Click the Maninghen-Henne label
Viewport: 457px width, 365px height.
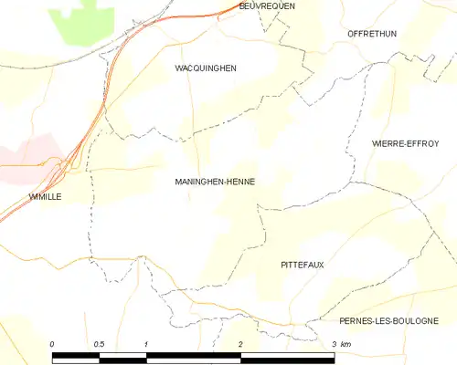coord(215,182)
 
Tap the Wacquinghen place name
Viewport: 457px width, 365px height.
coord(206,68)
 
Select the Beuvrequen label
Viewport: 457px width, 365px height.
coord(266,5)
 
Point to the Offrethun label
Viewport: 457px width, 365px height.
coord(370,33)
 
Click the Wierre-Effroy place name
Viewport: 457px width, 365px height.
coord(405,143)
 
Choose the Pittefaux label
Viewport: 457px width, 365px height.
coord(303,264)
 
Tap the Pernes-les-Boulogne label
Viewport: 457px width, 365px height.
coord(388,320)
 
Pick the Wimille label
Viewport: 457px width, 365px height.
coord(44,196)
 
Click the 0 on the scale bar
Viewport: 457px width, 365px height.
coord(53,343)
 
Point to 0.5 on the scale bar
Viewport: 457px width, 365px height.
coord(100,343)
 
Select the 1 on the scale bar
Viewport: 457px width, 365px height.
coord(146,343)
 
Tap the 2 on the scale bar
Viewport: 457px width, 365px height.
coord(240,343)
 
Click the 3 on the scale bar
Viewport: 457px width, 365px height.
coord(334,343)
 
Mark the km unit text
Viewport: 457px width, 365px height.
coord(346,343)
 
